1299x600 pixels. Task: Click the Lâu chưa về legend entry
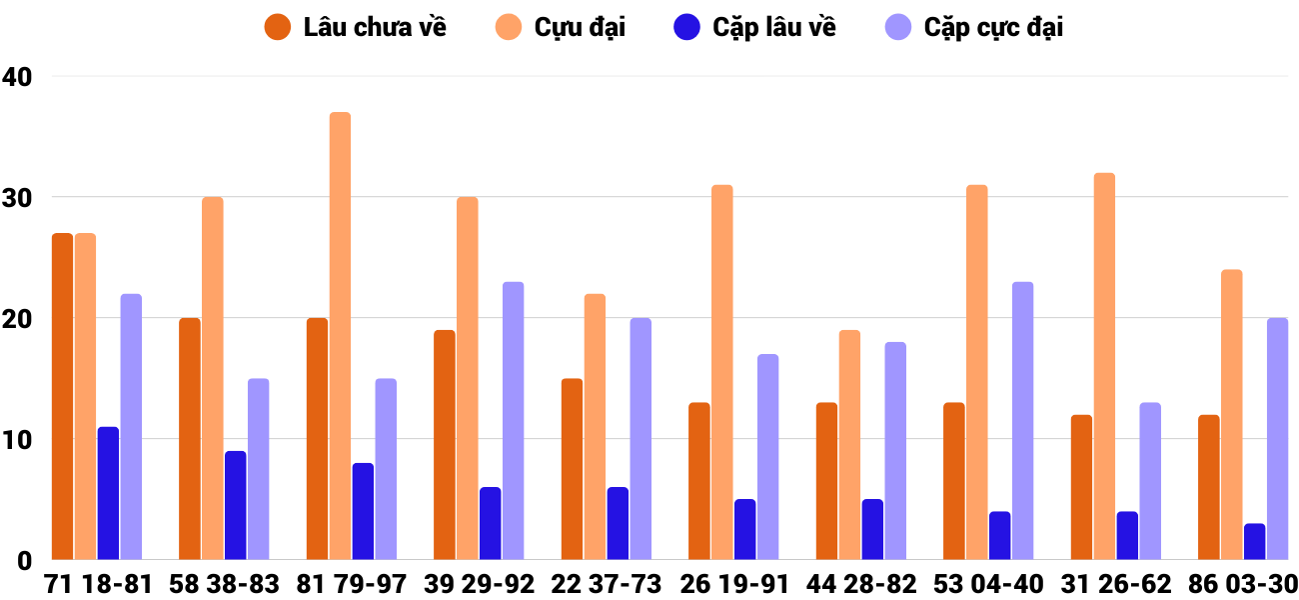(x=356, y=27)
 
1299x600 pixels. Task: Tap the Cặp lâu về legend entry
(x=755, y=27)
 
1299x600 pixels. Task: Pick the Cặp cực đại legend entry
(x=975, y=27)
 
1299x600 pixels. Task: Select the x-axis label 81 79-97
(x=352, y=584)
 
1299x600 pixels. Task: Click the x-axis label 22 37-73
(x=607, y=584)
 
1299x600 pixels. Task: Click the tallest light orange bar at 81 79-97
(x=340, y=336)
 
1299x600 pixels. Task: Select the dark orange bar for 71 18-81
(x=62, y=396)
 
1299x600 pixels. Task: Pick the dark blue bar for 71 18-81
(x=108, y=493)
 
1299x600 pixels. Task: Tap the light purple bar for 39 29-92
(x=513, y=421)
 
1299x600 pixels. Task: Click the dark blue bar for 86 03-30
(x=1254, y=541)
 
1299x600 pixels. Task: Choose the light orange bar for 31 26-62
(x=1104, y=366)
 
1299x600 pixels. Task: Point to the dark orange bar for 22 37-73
(x=572, y=469)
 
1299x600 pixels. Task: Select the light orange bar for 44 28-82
(x=849, y=445)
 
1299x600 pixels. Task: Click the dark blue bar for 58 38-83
(x=235, y=505)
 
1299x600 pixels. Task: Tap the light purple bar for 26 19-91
(x=767, y=457)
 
